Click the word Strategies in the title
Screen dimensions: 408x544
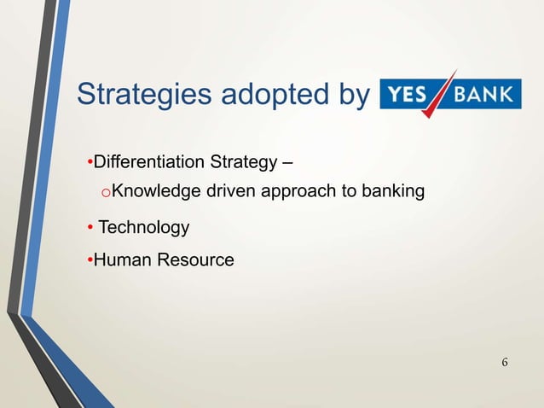(142, 95)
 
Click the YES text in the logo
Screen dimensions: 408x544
(407, 93)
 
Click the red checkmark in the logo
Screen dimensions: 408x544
(443, 95)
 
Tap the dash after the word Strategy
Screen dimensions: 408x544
(288, 162)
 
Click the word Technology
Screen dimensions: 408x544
(143, 228)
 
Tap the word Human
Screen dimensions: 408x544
(119, 259)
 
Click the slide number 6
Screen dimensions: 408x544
(505, 364)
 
